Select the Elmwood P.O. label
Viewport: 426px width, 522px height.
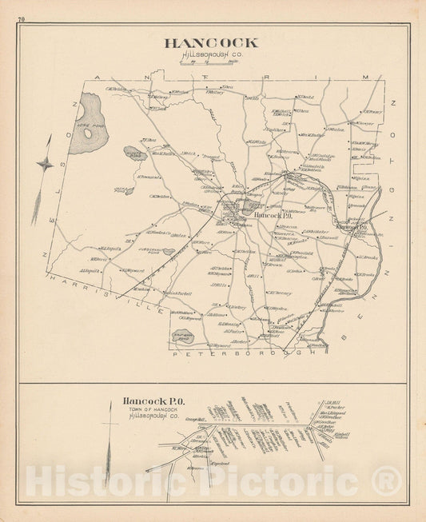351,229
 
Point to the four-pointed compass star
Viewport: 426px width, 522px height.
46,163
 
